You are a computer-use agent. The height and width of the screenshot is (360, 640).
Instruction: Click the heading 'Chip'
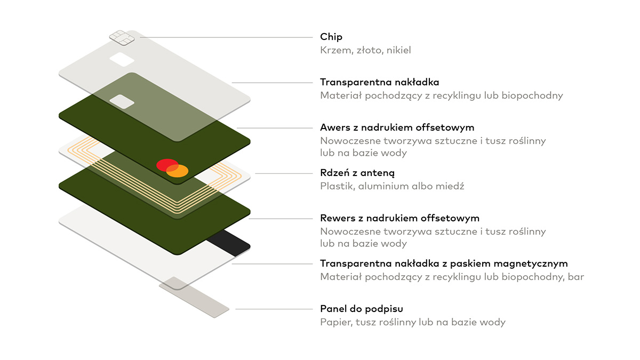click(331, 37)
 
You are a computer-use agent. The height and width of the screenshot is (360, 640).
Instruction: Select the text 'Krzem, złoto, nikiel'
click(365, 50)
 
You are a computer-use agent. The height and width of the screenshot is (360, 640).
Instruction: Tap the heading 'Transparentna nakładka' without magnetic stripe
click(379, 82)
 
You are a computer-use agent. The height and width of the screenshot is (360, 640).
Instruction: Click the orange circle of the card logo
click(178, 171)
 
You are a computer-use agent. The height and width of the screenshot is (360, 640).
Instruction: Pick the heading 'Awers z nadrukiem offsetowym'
click(397, 127)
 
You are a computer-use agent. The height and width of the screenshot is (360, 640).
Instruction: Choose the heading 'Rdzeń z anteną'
click(357, 173)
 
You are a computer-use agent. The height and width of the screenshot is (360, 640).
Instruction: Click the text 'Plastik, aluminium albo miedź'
click(392, 186)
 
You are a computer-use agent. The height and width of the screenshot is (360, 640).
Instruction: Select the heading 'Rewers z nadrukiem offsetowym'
click(399, 218)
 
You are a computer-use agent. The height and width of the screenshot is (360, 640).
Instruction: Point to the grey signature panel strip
click(194, 297)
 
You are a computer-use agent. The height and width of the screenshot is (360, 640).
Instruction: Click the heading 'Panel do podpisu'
click(361, 309)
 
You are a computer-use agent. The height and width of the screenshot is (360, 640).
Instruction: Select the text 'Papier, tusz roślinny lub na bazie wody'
click(412, 322)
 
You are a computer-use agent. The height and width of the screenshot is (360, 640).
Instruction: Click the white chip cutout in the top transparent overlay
click(122, 59)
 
